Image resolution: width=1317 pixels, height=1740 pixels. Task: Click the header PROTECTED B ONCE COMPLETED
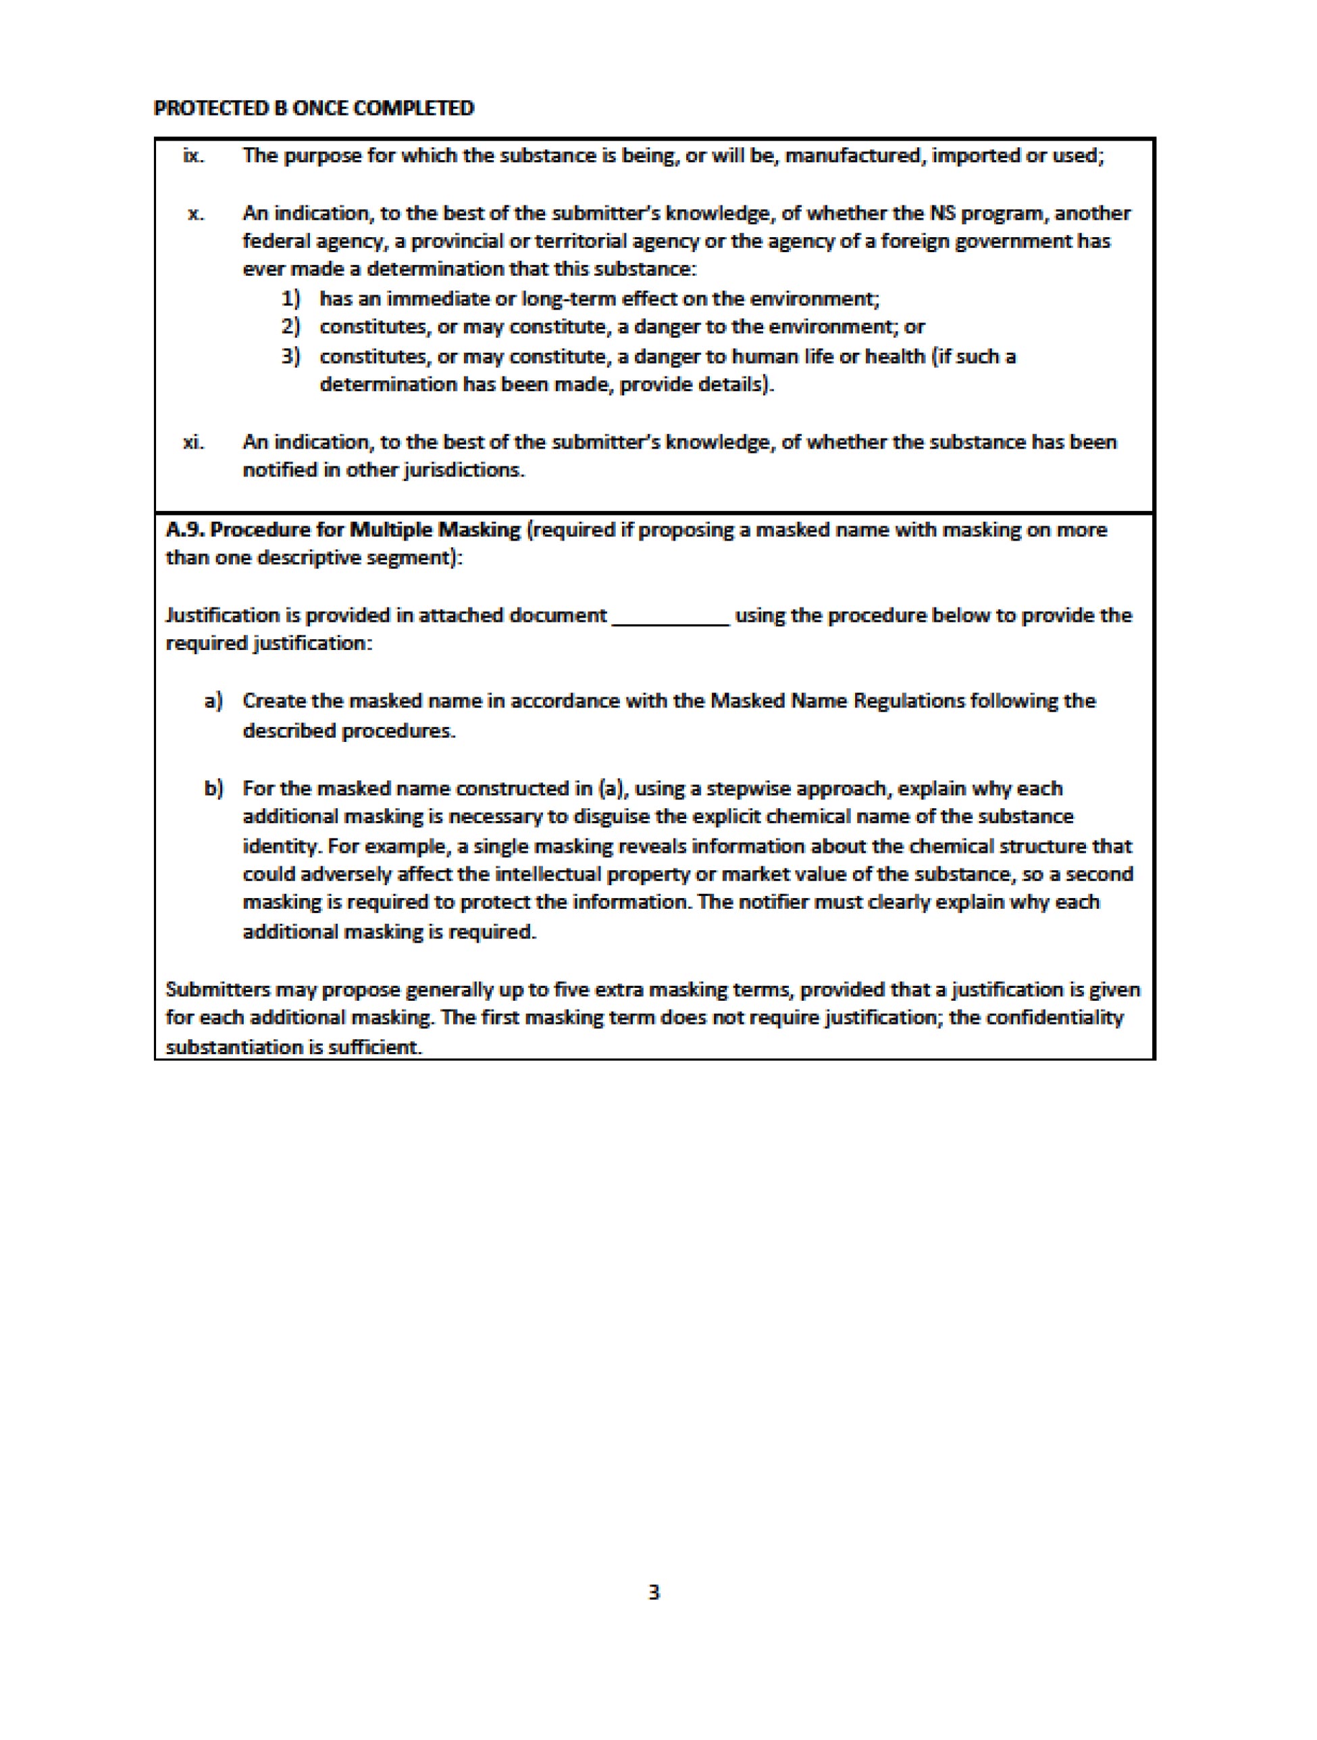pyautogui.click(x=314, y=109)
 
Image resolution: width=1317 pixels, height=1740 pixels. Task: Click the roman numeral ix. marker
pyautogui.click(x=193, y=155)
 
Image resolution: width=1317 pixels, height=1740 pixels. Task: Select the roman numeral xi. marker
pyautogui.click(x=193, y=442)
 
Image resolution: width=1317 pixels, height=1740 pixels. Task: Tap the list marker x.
pyautogui.click(x=196, y=214)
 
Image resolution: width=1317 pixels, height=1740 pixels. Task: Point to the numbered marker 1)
pyautogui.click(x=291, y=299)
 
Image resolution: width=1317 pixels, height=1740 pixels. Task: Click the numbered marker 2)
pyautogui.click(x=291, y=326)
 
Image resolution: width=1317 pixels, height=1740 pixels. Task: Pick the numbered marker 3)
pyautogui.click(x=291, y=356)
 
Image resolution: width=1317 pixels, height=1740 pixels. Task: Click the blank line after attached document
pyautogui.click(x=671, y=617)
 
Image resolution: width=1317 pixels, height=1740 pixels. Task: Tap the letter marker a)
pyautogui.click(x=213, y=701)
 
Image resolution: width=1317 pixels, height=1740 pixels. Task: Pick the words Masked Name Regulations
pyautogui.click(x=837, y=701)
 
